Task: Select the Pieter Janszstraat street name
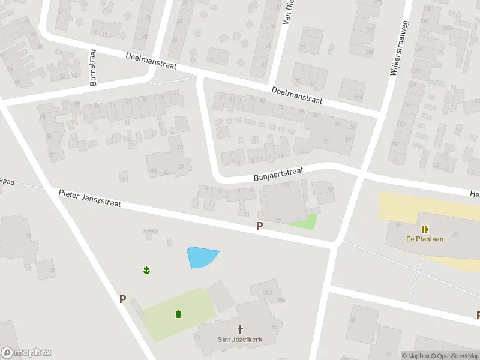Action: point(90,199)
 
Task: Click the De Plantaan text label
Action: point(425,239)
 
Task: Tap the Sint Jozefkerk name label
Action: point(240,340)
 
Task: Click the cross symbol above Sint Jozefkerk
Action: point(241,329)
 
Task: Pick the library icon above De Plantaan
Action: point(425,229)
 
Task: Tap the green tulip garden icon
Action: point(146,271)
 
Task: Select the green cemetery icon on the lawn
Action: point(178,314)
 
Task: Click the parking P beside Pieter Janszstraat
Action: point(260,226)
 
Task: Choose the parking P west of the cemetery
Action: point(122,299)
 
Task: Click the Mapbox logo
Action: point(26,353)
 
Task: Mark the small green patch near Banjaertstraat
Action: point(304,223)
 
